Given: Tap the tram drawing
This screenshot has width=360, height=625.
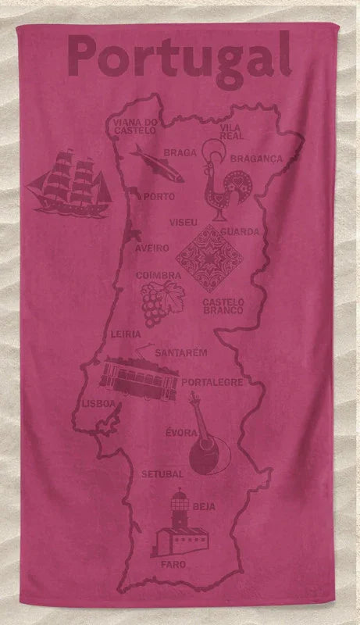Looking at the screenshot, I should click(x=139, y=377).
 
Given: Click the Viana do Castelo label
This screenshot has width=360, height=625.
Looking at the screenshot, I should click(x=136, y=126).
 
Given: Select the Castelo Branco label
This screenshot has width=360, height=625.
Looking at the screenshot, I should click(x=223, y=305).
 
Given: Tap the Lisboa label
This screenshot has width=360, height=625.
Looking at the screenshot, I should click(x=98, y=404).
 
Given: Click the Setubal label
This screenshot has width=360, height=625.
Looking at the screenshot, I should click(x=162, y=473).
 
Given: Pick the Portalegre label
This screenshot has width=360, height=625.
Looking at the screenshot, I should click(x=216, y=382).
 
